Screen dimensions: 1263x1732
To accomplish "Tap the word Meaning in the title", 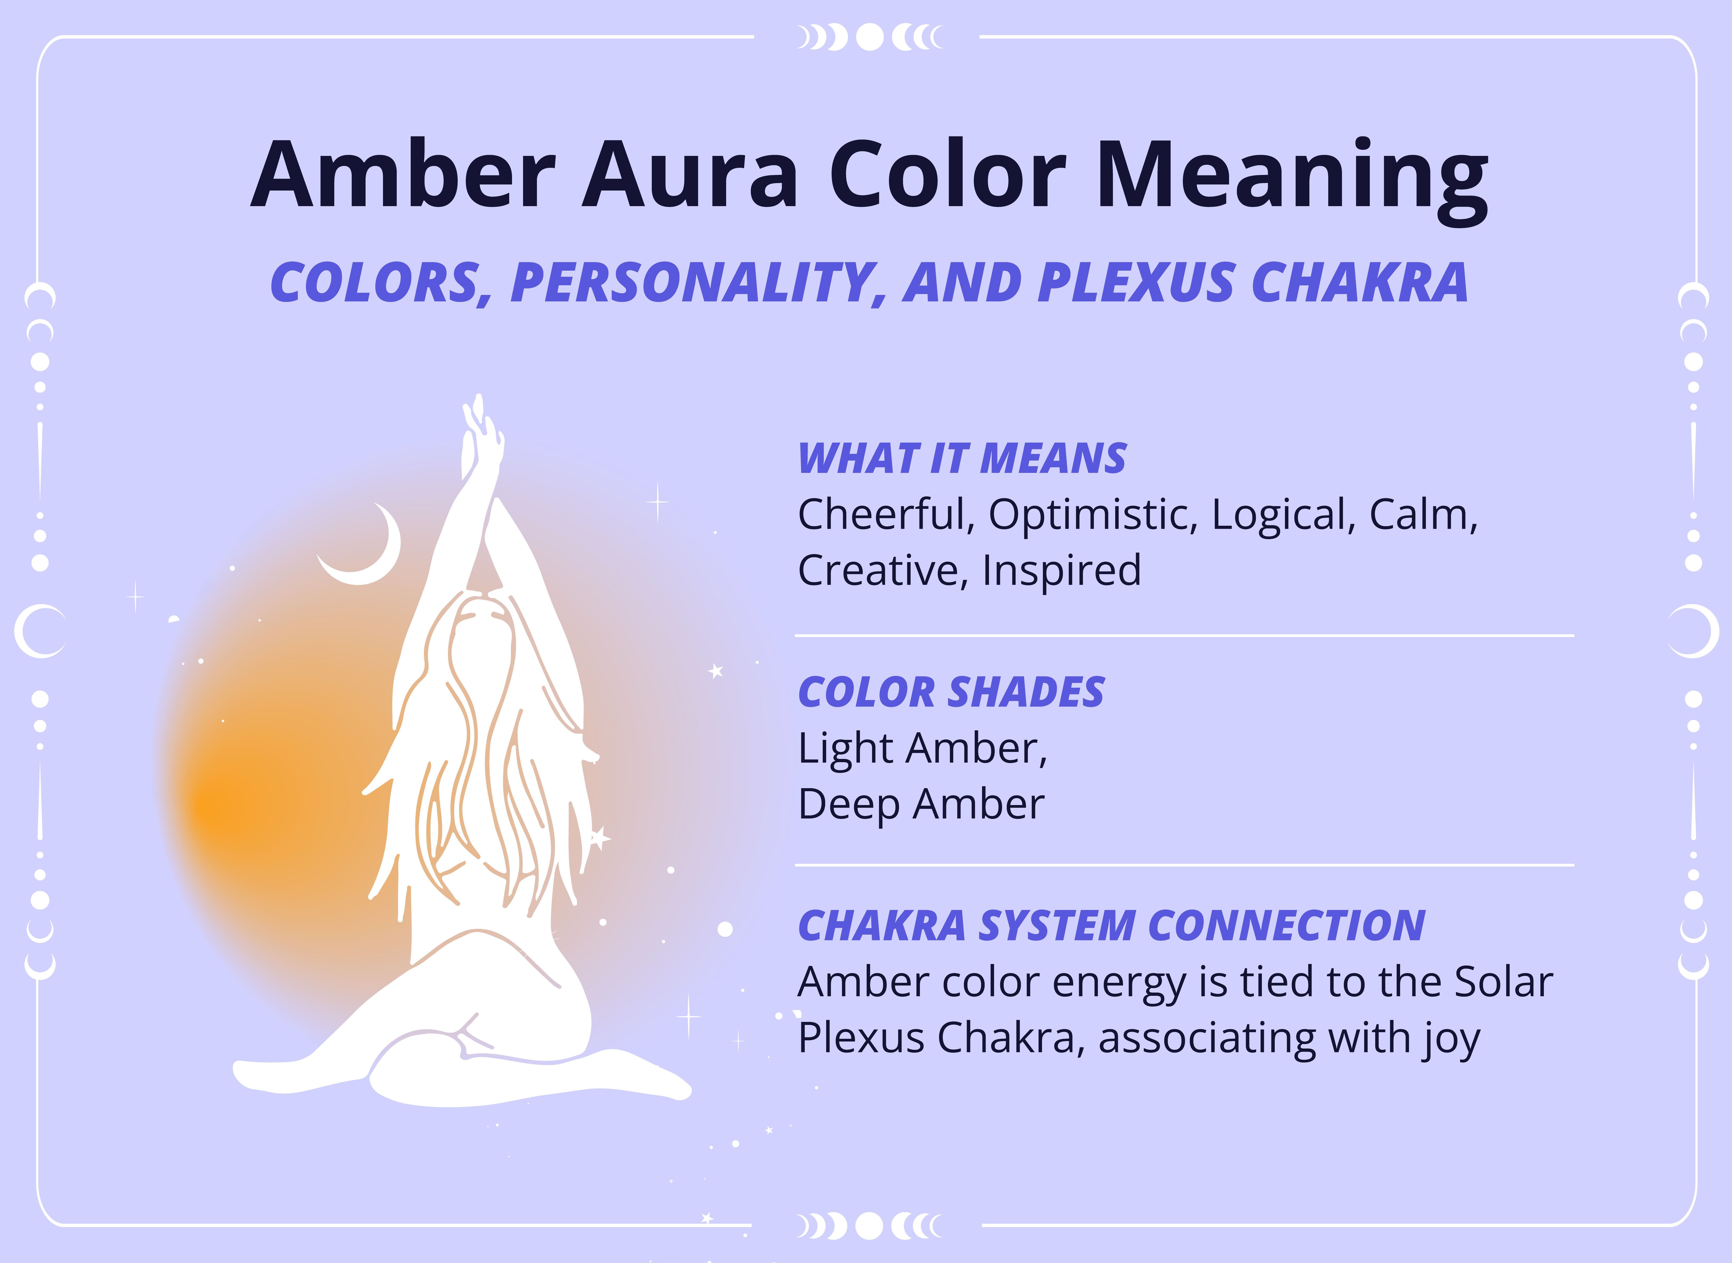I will pyautogui.click(x=1292, y=177).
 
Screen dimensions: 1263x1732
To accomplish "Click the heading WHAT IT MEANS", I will pyautogui.click(x=961, y=459).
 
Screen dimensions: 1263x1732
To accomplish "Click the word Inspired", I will pyautogui.click(x=1061, y=570).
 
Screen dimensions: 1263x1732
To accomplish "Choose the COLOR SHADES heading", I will pyautogui.click(x=951, y=693).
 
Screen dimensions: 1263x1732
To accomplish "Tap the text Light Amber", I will pyautogui.click(x=922, y=749).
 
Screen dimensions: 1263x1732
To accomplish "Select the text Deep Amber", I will pyautogui.click(x=920, y=804).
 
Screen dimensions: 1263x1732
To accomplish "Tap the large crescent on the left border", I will pyautogui.click(x=38, y=631).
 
